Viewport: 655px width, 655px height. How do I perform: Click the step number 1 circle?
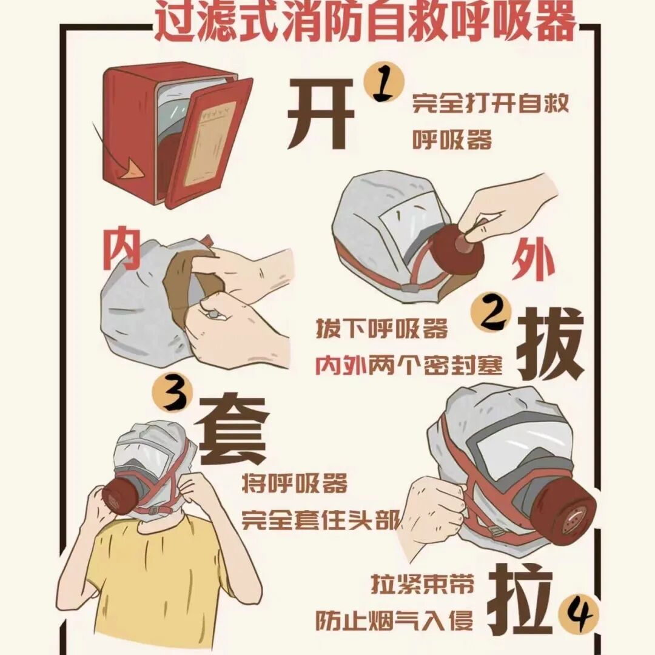click(x=384, y=82)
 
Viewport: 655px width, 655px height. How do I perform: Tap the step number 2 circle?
click(x=491, y=312)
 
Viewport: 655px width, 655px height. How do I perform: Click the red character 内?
click(x=121, y=249)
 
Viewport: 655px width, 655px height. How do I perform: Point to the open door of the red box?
click(x=209, y=142)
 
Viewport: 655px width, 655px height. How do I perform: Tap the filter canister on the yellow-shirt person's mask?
click(x=119, y=494)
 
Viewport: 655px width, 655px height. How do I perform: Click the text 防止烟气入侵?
click(x=394, y=620)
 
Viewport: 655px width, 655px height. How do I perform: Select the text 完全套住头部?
click(x=320, y=520)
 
